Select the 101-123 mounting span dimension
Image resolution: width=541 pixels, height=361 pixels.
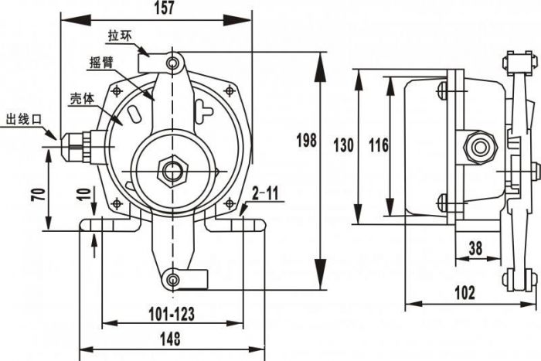pos(170,313)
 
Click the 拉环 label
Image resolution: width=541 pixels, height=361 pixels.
pos(120,36)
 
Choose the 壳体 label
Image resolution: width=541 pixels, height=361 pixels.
pos(83,99)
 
